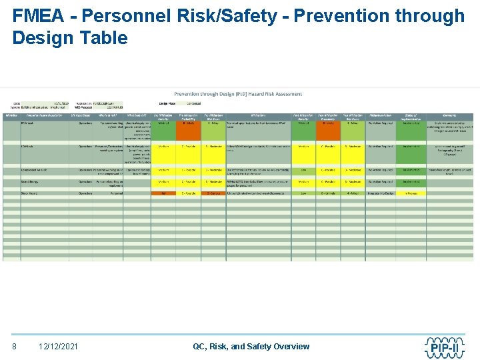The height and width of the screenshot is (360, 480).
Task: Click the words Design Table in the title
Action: click(x=70, y=38)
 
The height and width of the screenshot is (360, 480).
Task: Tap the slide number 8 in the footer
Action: click(x=15, y=346)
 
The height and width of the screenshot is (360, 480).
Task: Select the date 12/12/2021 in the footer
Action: click(x=58, y=346)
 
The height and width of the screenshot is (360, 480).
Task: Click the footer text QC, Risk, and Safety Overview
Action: click(x=251, y=346)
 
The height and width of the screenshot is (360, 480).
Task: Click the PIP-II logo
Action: click(x=444, y=346)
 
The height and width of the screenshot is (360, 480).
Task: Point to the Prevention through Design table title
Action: click(x=238, y=95)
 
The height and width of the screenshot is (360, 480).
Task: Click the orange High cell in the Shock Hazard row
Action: click(x=163, y=193)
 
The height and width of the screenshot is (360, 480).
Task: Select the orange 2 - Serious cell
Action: click(x=213, y=193)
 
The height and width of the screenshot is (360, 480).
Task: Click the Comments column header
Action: click(x=451, y=115)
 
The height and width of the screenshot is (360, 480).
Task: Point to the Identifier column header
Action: click(x=11, y=115)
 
